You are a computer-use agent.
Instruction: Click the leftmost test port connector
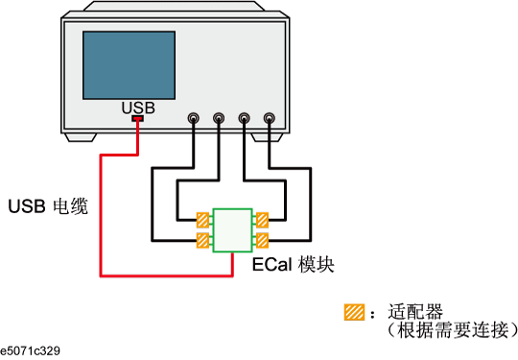pos(195,120)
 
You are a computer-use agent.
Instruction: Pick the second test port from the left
pos(220,120)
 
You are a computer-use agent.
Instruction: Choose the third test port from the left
pos(245,120)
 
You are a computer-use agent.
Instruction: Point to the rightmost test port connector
pos(270,120)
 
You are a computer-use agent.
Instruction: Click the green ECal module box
pos(232,229)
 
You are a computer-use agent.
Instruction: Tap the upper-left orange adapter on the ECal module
pos(203,220)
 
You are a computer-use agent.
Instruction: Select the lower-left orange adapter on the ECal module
pos(203,240)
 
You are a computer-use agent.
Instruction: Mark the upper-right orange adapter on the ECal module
pos(261,220)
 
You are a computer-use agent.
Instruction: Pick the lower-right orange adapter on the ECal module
pos(261,240)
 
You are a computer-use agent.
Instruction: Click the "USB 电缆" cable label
pos(48,205)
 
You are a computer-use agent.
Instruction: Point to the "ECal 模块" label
pos(293,264)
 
